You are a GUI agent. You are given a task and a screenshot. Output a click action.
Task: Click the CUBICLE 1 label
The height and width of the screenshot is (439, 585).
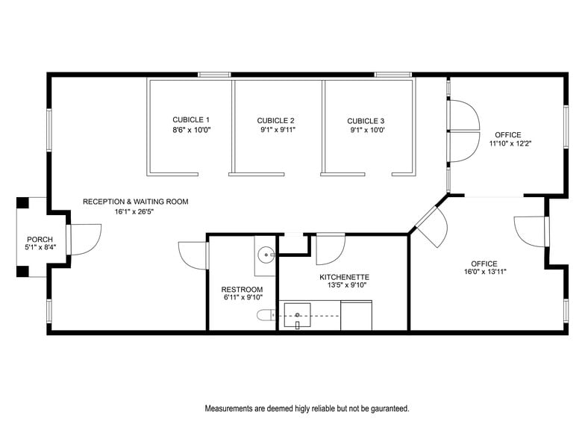(x=191, y=119)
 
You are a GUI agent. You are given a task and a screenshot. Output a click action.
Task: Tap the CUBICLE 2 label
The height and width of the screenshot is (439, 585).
(x=276, y=120)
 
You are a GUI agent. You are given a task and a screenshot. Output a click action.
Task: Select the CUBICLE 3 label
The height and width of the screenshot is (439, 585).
(x=366, y=120)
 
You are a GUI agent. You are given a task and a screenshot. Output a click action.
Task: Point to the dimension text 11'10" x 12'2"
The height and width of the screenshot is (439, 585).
(x=510, y=143)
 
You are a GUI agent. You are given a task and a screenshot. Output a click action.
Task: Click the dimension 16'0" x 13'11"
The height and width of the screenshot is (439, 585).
(x=484, y=273)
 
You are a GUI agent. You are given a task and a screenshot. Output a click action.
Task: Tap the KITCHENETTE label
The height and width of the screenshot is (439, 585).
(x=343, y=277)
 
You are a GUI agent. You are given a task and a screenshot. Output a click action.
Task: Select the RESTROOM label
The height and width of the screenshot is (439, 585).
(x=242, y=290)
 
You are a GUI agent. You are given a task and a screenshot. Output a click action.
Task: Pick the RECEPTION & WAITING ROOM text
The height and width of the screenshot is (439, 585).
(x=135, y=202)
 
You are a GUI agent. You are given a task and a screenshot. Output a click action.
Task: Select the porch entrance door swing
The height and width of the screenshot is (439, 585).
(x=84, y=239)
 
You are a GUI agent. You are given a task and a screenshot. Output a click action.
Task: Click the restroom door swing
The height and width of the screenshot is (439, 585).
(x=193, y=255)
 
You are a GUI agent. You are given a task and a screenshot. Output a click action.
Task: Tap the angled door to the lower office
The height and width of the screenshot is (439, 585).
(x=432, y=226)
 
